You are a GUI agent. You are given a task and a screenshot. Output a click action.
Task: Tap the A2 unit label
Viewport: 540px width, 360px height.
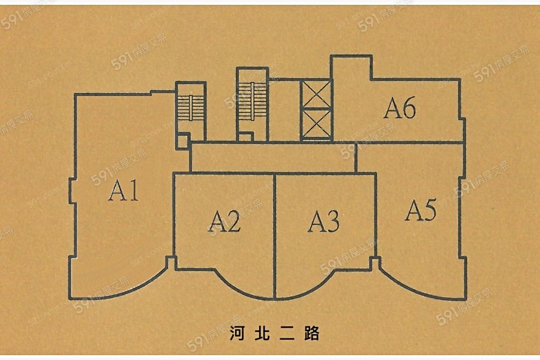[224, 223]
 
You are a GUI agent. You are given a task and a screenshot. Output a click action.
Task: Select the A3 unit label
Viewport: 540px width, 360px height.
[324, 221]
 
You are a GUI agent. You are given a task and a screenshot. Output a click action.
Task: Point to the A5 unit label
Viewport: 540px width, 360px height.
[420, 211]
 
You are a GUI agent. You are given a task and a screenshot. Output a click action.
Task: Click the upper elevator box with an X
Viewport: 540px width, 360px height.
[316, 94]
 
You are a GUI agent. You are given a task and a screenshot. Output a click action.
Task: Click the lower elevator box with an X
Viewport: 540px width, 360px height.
[316, 124]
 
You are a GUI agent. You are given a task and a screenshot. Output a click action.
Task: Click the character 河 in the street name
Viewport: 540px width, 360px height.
[238, 334]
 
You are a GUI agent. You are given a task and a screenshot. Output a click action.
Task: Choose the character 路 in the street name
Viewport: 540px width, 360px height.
[311, 334]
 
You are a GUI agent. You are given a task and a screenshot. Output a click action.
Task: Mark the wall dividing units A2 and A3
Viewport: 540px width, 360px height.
[275, 234]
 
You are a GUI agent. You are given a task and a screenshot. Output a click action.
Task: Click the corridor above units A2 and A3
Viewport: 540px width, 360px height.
[273, 158]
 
